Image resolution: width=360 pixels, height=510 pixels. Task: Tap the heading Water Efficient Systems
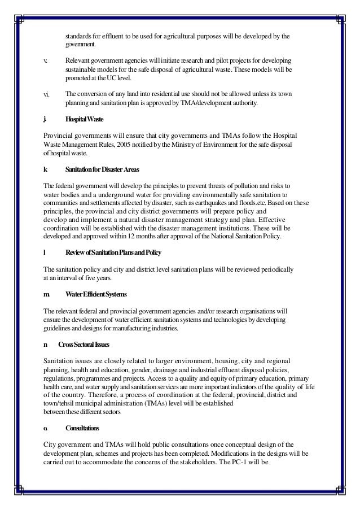96,295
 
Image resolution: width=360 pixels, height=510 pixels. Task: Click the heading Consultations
82,429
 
